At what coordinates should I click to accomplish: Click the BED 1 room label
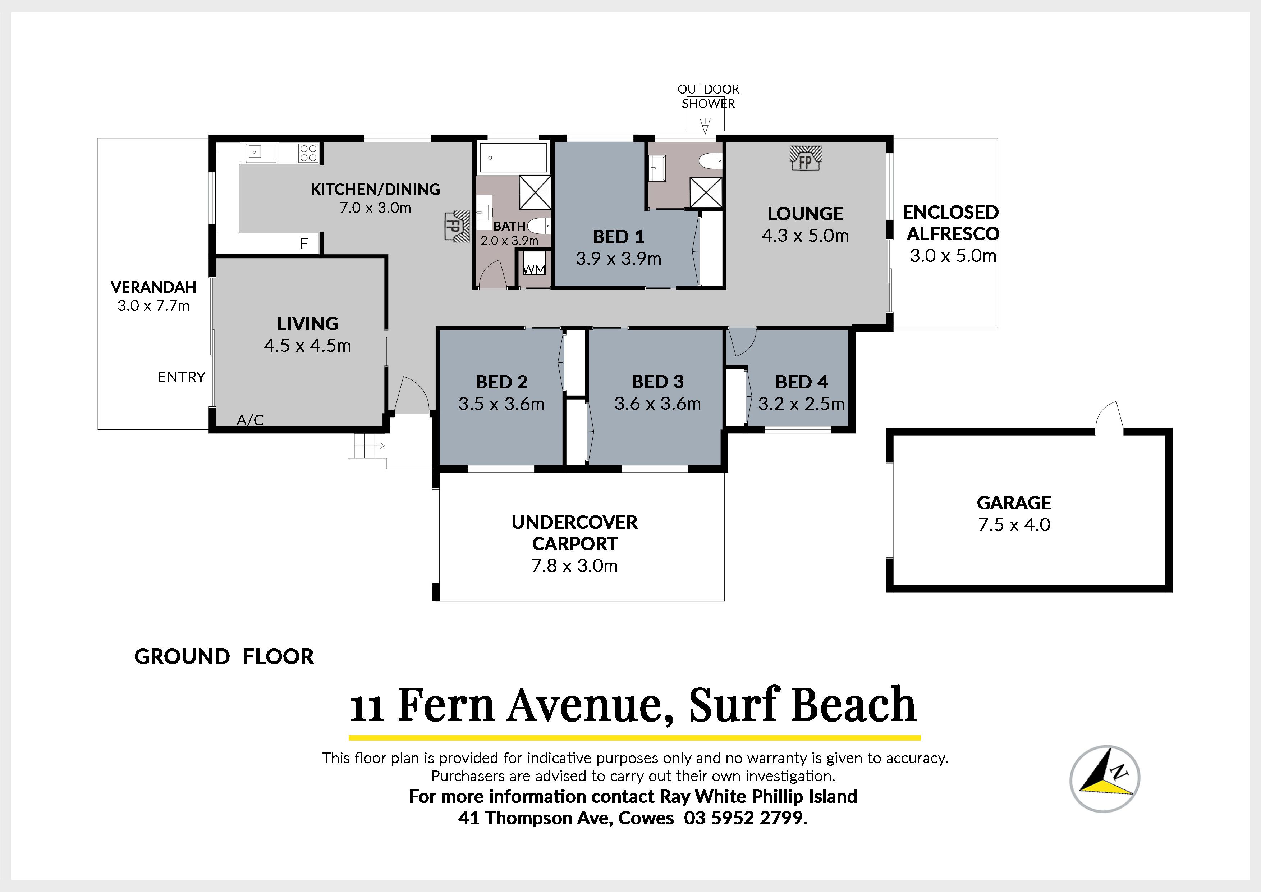click(618, 237)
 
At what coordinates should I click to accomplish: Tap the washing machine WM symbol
click(534, 269)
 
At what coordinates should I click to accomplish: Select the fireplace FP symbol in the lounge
click(805, 158)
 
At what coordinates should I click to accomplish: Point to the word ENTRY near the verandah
click(181, 377)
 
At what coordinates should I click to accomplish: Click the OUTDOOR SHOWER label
click(709, 96)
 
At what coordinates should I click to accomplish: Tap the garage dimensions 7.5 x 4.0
click(1014, 524)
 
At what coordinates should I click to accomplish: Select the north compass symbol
click(1105, 779)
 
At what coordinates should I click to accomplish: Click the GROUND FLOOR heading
click(224, 657)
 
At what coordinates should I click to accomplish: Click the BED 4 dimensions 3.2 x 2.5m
click(801, 404)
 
